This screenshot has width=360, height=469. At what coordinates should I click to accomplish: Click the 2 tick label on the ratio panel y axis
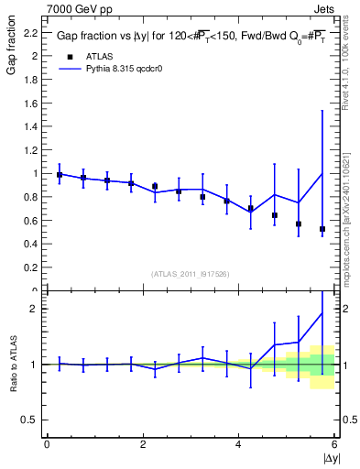(35, 309)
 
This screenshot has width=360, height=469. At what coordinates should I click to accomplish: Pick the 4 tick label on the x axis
(239, 444)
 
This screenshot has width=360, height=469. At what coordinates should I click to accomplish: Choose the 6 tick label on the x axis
(334, 444)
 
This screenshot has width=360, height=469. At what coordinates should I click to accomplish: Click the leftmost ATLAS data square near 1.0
(60, 175)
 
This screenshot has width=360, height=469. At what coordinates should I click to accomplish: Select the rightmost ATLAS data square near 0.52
(322, 229)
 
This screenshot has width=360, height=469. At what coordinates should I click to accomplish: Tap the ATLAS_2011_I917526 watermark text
(190, 274)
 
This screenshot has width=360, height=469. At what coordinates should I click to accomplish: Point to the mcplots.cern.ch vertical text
(345, 211)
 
